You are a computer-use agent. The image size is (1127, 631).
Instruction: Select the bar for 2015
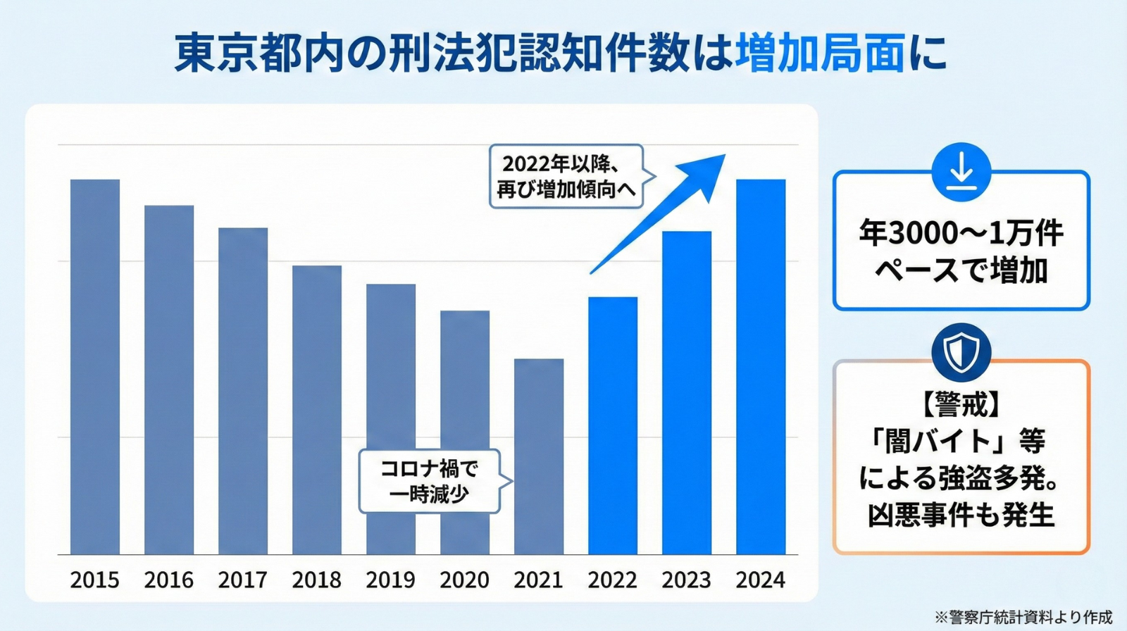[x=95, y=366]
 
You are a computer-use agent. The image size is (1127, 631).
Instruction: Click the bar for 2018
[x=317, y=409]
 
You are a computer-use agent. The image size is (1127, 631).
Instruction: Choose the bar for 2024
[x=761, y=366]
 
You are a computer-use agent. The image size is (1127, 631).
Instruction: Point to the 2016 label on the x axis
[x=169, y=580]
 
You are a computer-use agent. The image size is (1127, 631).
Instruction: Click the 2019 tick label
[x=391, y=580]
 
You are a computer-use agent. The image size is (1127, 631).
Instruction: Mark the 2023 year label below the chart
[x=687, y=580]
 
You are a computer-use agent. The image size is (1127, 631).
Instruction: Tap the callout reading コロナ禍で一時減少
[x=430, y=481]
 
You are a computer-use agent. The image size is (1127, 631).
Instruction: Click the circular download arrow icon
[x=961, y=172]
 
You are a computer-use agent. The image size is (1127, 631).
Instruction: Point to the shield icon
[x=961, y=352]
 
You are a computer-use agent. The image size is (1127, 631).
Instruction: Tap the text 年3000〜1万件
[x=961, y=233]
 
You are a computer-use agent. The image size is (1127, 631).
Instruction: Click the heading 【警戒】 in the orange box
[x=961, y=404]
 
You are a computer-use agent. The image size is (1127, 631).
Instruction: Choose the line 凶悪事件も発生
[x=961, y=516]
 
